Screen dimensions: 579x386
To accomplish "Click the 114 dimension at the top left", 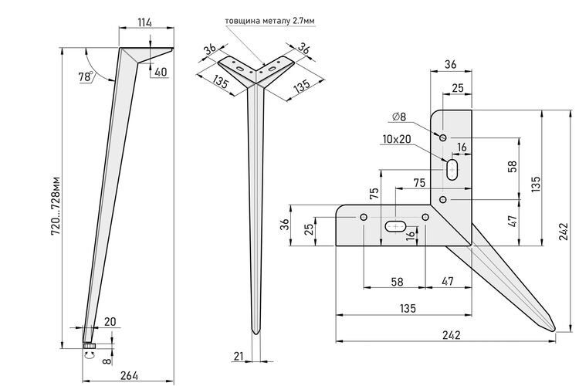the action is [145, 22].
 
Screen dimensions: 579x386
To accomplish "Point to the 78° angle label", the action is [86, 77].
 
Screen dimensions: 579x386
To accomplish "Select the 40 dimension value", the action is [161, 72].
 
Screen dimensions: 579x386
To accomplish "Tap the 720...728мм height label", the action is [56, 206].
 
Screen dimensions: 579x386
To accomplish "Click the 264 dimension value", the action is [129, 376].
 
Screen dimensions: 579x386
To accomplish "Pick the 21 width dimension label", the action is [239, 356].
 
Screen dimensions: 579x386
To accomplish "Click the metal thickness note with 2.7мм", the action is [270, 21].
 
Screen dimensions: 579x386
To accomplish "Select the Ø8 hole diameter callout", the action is [399, 117].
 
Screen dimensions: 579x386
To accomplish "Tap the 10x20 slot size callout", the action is [397, 139].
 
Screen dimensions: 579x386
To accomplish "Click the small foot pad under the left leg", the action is [89, 346].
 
